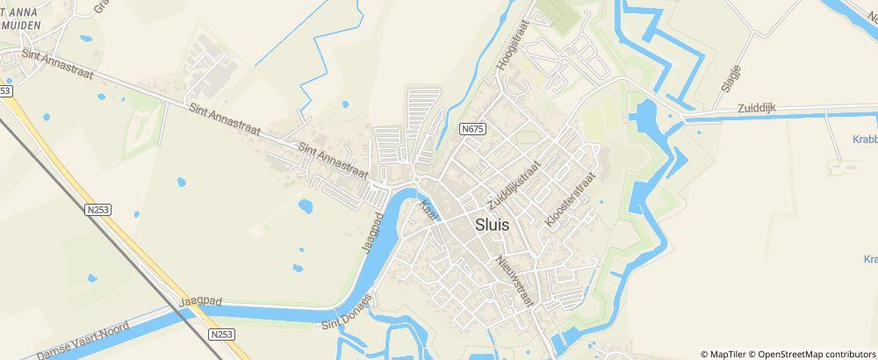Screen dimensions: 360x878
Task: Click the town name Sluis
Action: [491, 223]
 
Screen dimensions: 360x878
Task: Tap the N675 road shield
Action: [472, 129]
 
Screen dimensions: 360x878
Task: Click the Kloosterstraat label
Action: [570, 200]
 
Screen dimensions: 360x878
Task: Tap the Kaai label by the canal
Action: [428, 211]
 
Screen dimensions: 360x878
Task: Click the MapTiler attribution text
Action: [728, 353]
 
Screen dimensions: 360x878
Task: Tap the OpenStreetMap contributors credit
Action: [813, 353]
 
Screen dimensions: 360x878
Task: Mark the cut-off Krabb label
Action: [864, 139]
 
